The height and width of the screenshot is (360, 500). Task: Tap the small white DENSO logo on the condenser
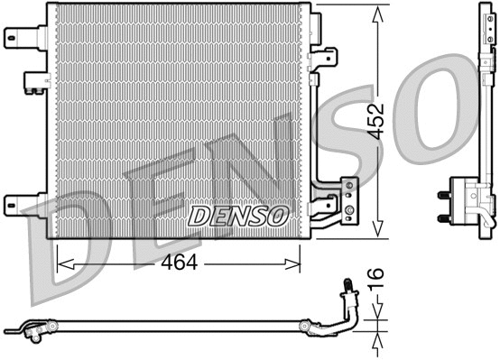click(x=238, y=216)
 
